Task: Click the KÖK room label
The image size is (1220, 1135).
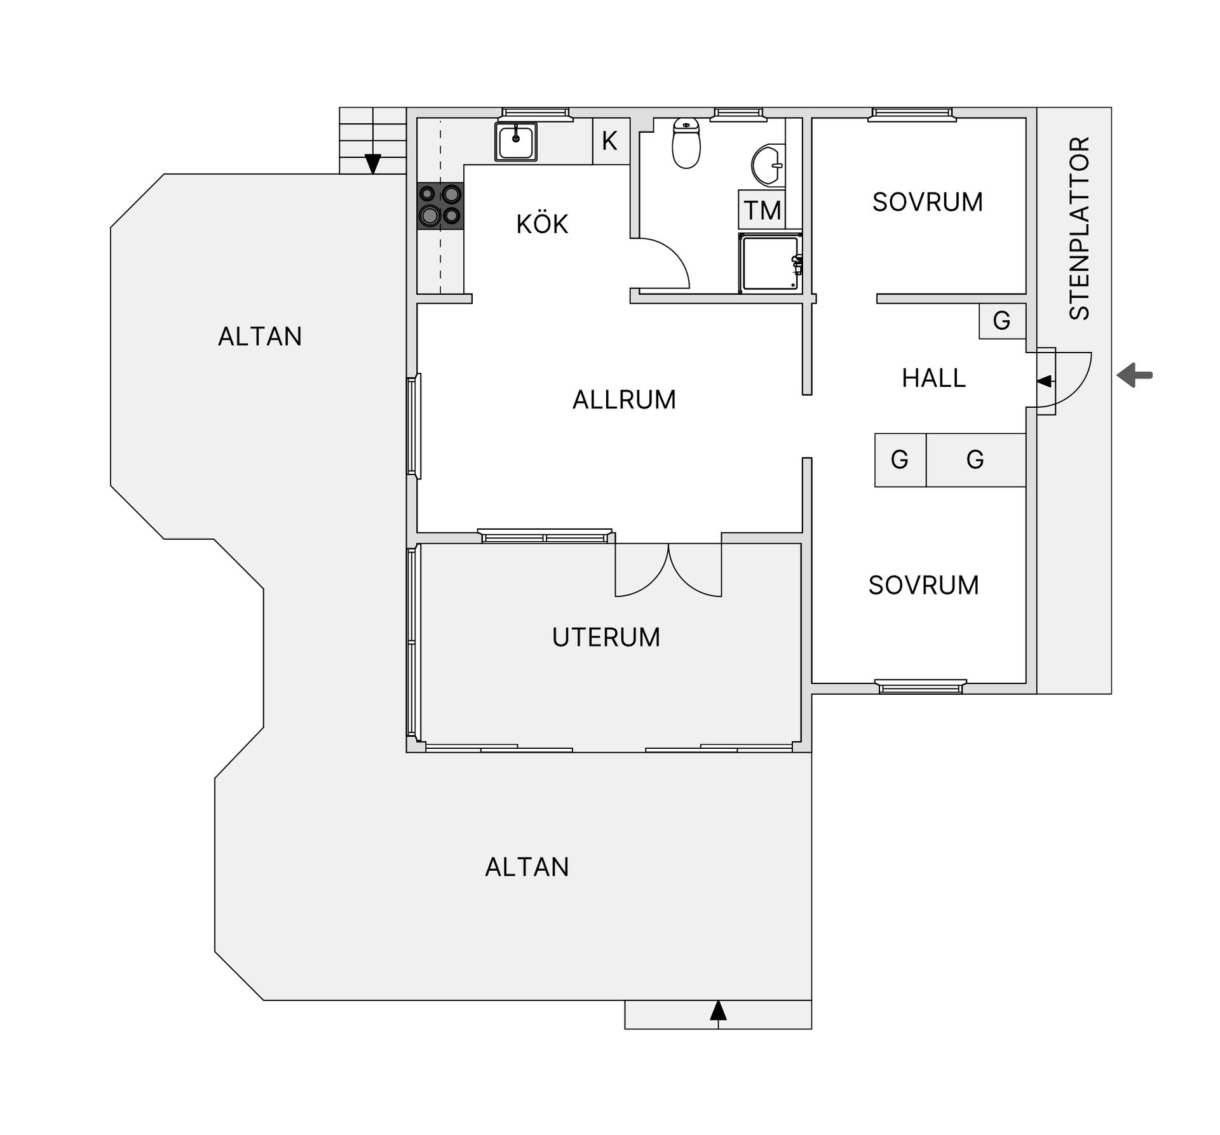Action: [x=541, y=224]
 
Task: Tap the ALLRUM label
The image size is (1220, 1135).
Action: [x=624, y=400]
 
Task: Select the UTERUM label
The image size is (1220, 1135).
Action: [x=606, y=637]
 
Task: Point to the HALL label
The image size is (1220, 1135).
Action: [x=933, y=378]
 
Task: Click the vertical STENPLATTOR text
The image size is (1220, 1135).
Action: [x=1080, y=228]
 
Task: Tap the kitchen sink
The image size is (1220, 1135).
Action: [x=516, y=142]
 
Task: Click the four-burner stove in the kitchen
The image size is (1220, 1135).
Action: [x=440, y=206]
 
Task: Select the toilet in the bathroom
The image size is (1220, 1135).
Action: [x=686, y=143]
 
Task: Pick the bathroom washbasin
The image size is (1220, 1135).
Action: [x=768, y=165]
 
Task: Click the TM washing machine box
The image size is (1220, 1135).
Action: [x=762, y=210]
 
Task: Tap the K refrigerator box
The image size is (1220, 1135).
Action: [x=611, y=141]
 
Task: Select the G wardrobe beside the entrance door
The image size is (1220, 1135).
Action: [x=1002, y=321]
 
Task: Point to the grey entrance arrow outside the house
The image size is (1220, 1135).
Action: [x=1135, y=375]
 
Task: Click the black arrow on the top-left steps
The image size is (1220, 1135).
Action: [x=372, y=164]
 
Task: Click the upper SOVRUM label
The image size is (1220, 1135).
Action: [x=928, y=202]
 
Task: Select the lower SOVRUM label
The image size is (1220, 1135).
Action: [x=924, y=585]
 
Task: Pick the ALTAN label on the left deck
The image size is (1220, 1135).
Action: [x=260, y=337]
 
